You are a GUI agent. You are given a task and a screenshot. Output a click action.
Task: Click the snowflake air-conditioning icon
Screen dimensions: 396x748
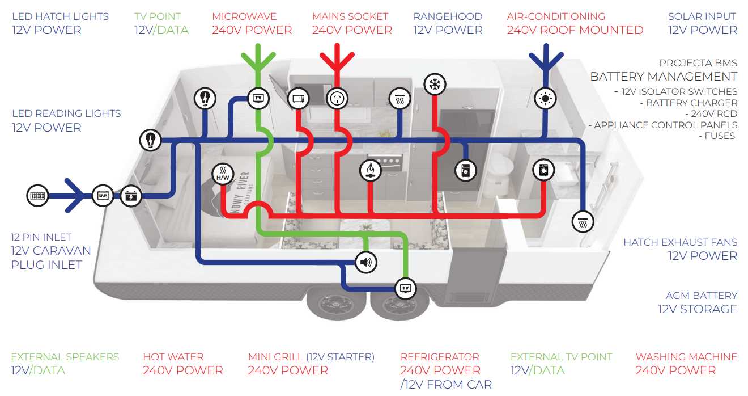(x=435, y=85)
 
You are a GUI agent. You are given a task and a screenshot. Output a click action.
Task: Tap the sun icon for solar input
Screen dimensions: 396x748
(x=545, y=98)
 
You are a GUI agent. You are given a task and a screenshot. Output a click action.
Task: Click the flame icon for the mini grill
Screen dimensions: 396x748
(x=371, y=170)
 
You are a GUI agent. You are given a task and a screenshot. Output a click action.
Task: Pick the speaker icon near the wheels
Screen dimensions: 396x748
(x=365, y=262)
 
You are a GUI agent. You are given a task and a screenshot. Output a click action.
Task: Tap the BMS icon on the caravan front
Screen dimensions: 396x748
(x=103, y=196)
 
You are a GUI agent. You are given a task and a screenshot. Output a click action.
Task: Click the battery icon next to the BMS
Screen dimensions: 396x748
(x=131, y=196)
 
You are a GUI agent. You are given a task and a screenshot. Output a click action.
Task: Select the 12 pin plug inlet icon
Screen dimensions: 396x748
(x=38, y=196)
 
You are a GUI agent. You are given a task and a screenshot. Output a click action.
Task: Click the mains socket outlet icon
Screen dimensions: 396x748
(x=337, y=98)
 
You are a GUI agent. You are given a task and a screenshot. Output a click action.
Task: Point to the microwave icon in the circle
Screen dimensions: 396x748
(x=298, y=98)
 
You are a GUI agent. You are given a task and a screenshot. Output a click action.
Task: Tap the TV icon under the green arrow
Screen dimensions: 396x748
(x=258, y=98)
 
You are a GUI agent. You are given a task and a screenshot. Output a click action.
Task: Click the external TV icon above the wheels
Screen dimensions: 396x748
(x=405, y=288)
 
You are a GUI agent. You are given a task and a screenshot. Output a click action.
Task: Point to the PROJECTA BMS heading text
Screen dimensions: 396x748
(x=698, y=63)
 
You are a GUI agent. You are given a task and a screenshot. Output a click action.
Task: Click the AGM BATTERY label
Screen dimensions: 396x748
(x=701, y=296)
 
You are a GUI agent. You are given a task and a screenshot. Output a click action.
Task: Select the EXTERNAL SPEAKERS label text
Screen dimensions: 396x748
(x=65, y=357)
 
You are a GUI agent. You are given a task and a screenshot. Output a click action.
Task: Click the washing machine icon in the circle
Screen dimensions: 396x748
(x=544, y=170)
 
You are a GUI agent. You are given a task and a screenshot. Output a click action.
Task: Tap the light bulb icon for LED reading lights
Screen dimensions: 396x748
(x=151, y=139)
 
